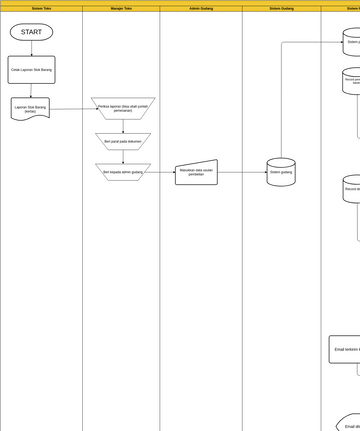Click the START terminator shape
tap(31, 33)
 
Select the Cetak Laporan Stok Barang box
tap(31, 70)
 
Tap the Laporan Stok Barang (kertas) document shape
tap(31, 108)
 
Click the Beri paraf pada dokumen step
tap(123, 142)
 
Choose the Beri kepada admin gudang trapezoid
tap(123, 172)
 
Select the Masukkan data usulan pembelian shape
tap(196, 172)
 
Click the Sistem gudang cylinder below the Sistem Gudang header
tap(281, 172)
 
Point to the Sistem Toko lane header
tap(41, 8)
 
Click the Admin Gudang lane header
tap(201, 8)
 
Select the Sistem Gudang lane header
tap(281, 8)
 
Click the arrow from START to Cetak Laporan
tap(31, 48)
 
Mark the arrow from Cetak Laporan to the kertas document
tap(31, 91)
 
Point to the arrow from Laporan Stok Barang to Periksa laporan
tap(70, 108)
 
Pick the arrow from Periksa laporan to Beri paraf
tap(123, 126)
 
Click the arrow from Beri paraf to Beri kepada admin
tap(123, 157)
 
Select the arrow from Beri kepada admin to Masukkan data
tap(163, 172)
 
